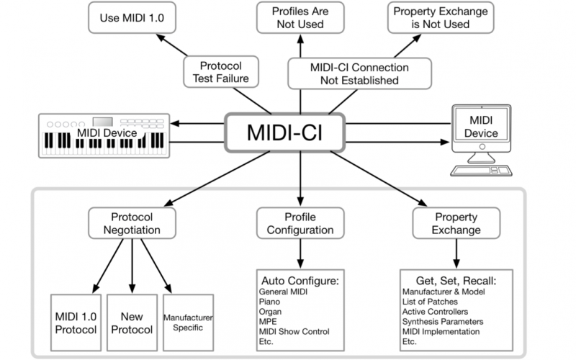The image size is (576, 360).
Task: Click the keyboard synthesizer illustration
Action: pyautogui.click(x=105, y=134)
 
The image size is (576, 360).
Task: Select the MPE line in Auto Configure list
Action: pyautogui.click(x=267, y=322)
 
